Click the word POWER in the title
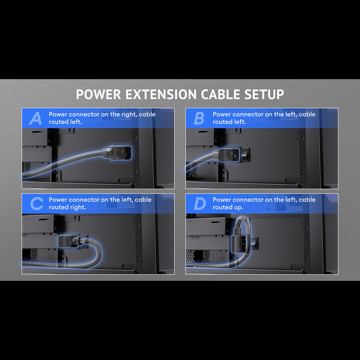[x=98, y=94]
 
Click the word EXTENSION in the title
[x=161, y=94]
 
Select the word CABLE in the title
[x=220, y=94]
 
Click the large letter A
[x=35, y=118]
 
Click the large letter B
[x=199, y=118]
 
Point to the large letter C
[x=37, y=204]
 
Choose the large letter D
[x=200, y=204]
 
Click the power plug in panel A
[x=117, y=153]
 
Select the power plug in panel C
[x=70, y=241]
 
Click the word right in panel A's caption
[x=129, y=115]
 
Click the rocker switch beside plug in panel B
[x=245, y=155]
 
